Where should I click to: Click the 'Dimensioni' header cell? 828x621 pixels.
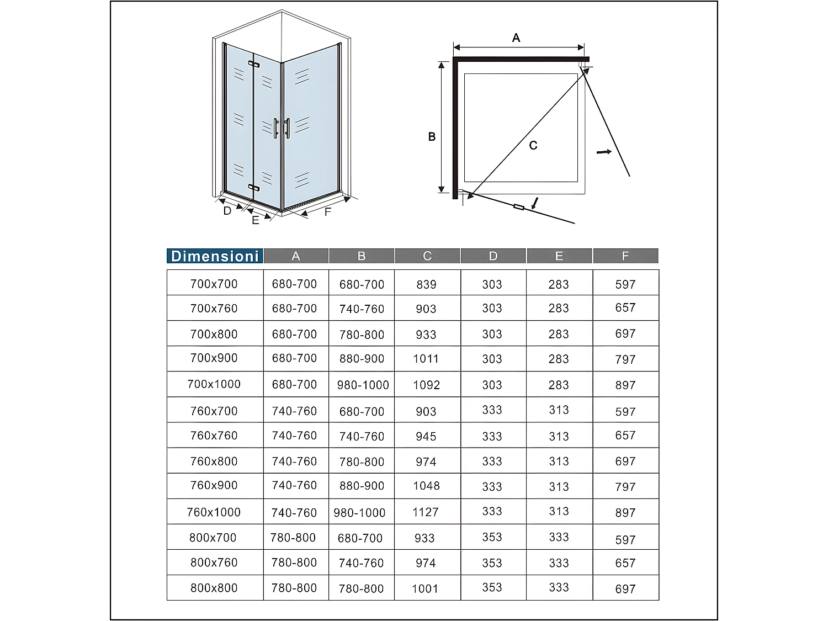tap(215, 256)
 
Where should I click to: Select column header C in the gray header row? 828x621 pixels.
tap(427, 256)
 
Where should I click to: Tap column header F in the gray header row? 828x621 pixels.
tap(625, 256)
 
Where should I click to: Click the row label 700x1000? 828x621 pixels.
tap(214, 384)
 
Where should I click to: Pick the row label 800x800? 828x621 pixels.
tap(214, 588)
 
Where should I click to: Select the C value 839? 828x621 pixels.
tap(426, 284)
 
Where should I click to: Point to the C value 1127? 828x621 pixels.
tap(426, 512)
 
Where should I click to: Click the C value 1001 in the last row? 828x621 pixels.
tap(425, 588)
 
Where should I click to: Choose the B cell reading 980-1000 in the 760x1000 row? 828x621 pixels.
tap(359, 513)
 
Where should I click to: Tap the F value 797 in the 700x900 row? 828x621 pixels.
tap(625, 359)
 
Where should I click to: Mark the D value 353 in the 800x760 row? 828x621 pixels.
tap(492, 563)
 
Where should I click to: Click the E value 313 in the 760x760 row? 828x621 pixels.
tap(559, 436)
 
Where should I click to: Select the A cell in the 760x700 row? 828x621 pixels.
tap(294, 411)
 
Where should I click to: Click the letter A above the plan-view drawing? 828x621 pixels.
tap(516, 38)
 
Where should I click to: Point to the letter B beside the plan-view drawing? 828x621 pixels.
tap(432, 137)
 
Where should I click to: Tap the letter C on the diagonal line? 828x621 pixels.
tap(533, 146)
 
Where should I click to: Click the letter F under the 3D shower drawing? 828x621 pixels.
tap(327, 212)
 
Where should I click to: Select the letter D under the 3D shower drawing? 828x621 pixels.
tap(227, 211)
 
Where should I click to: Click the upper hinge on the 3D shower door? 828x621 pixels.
tap(253, 65)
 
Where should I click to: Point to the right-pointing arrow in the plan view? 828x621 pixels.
tap(604, 151)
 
